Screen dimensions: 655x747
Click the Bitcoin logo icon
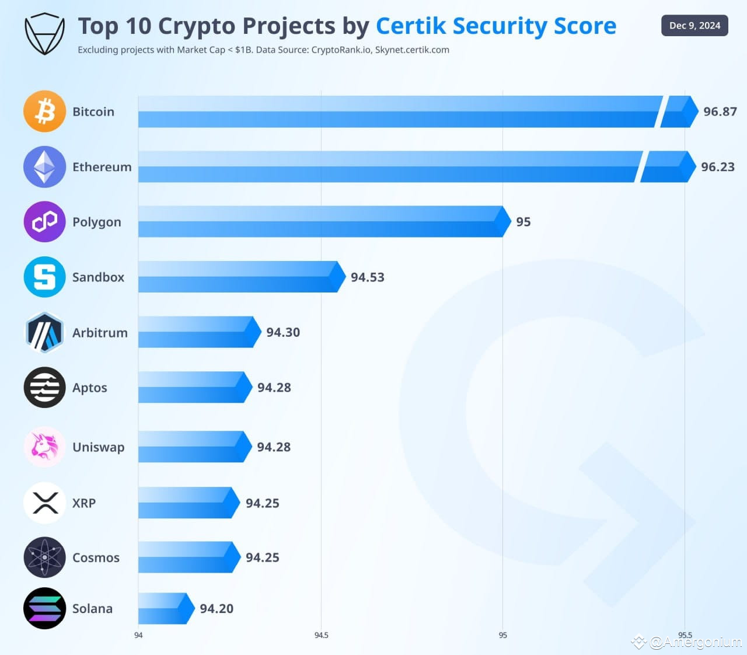click(x=44, y=111)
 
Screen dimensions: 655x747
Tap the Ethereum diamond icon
click(x=44, y=166)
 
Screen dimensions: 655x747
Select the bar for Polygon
click(x=321, y=222)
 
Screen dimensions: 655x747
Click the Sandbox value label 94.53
click(x=367, y=277)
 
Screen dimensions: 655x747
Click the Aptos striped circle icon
click(x=44, y=388)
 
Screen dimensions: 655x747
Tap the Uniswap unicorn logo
click(x=44, y=447)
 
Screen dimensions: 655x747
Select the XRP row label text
click(x=83, y=503)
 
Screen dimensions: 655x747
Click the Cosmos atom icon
click(x=44, y=558)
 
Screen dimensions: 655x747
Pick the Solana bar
click(x=163, y=608)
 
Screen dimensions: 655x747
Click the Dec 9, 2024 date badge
click(x=694, y=26)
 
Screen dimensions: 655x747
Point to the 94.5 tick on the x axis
click(x=321, y=635)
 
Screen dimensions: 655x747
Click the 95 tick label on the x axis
click(x=502, y=635)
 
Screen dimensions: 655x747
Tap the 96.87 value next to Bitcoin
click(x=720, y=112)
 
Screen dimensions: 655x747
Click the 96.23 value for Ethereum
click(x=717, y=167)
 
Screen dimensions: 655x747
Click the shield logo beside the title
click(x=44, y=34)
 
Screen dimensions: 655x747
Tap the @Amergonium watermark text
click(x=695, y=642)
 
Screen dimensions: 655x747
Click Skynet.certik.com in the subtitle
click(x=412, y=50)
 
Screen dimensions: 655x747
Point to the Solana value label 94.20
click(x=217, y=608)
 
